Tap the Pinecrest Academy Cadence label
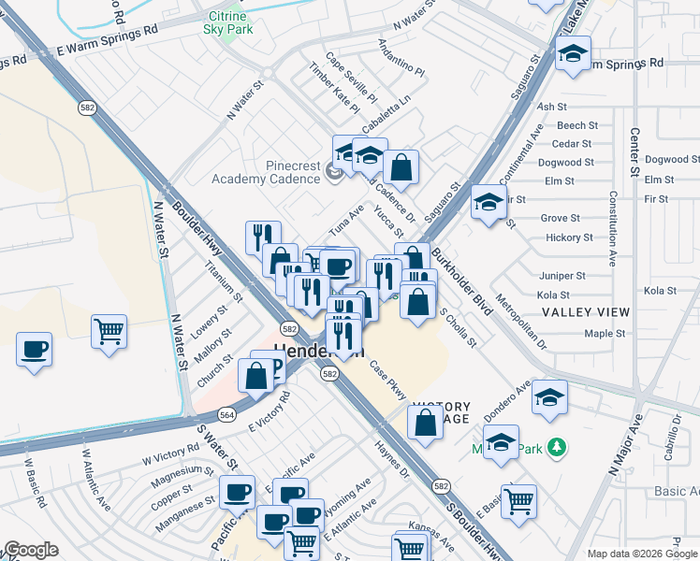pos(267,172)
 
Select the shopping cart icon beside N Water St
pos(109,330)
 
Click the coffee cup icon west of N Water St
pos(35,350)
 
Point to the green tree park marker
pos(558,448)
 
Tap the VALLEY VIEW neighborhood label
pos(586,311)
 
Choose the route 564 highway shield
pos(226,414)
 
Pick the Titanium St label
pos(225,280)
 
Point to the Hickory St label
pos(569,237)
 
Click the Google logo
pos(31,551)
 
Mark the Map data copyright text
pos(642,554)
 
